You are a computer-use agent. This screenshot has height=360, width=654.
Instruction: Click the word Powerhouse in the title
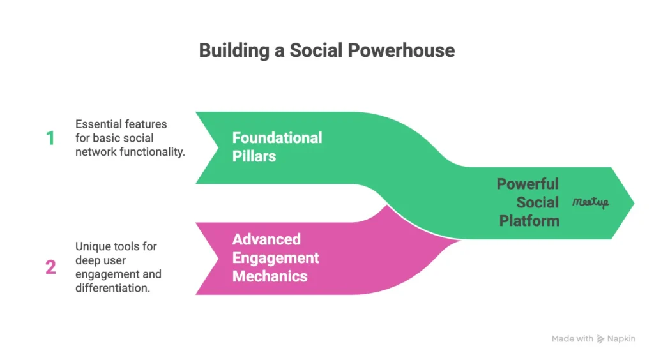click(401, 50)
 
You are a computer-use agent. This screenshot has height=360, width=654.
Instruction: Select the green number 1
click(50, 139)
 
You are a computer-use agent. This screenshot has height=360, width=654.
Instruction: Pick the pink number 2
click(50, 267)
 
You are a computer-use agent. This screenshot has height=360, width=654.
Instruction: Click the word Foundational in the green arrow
click(277, 138)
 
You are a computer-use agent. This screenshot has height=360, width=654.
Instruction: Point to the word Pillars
click(254, 156)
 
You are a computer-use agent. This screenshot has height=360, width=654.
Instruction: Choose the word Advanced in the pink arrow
click(266, 239)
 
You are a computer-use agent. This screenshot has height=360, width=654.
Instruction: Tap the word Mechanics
click(270, 276)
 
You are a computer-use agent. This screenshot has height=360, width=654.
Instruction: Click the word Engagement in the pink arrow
click(275, 258)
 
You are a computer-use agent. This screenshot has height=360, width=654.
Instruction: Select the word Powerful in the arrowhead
click(527, 184)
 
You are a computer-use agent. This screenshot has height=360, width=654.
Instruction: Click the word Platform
click(529, 221)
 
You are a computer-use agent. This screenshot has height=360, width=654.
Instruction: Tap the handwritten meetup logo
click(591, 202)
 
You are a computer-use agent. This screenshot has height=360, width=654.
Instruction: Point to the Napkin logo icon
click(600, 339)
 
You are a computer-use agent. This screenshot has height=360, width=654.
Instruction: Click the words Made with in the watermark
click(572, 339)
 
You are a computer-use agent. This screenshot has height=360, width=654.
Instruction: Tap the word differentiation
click(112, 288)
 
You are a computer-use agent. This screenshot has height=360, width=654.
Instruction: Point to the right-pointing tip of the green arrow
click(634, 203)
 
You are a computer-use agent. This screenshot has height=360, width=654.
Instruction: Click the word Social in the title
click(317, 50)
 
